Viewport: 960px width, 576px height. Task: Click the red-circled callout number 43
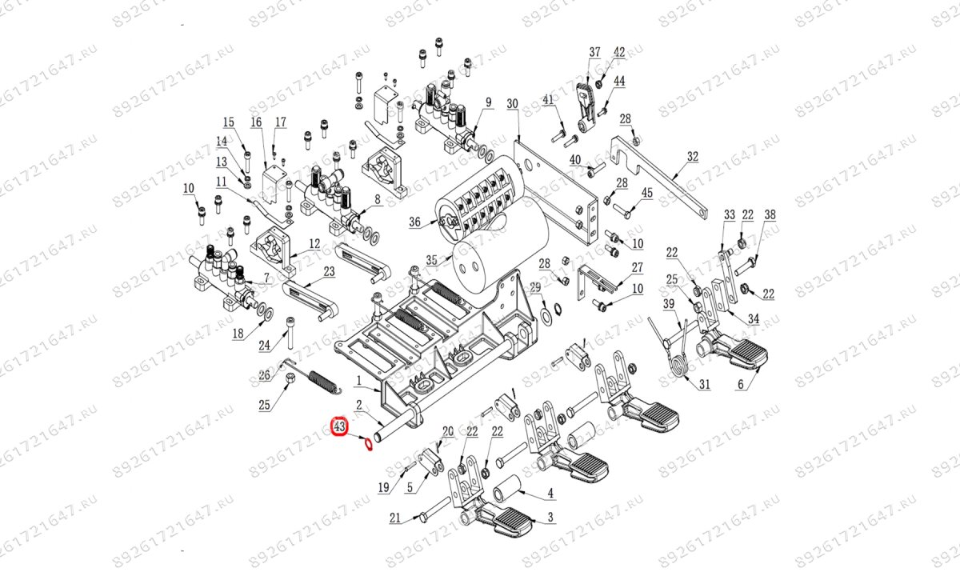tap(339, 426)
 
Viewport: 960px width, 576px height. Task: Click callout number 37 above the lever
tap(594, 53)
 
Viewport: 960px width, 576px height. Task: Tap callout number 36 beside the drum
tap(414, 223)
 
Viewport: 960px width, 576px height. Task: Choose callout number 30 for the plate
tap(513, 104)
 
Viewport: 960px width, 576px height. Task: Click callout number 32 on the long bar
tap(693, 157)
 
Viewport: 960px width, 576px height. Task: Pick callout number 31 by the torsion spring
tap(704, 385)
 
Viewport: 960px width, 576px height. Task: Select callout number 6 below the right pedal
tap(741, 384)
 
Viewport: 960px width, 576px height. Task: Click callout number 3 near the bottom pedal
tap(550, 518)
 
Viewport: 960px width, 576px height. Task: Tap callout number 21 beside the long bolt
tap(394, 518)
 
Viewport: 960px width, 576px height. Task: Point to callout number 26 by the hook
tap(265, 375)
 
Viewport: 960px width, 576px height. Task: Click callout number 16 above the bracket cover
tap(256, 122)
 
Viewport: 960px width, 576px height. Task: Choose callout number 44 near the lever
tap(619, 82)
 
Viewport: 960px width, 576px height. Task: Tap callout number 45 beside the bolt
tap(647, 193)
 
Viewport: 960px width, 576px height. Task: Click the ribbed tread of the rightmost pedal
tap(747, 350)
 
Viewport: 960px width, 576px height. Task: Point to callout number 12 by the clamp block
tap(314, 243)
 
